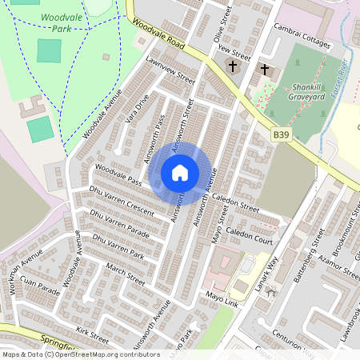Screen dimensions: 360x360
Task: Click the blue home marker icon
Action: pyautogui.click(x=180, y=173)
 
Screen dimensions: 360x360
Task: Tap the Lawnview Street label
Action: pyautogui.click(x=170, y=70)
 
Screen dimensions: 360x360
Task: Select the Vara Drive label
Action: pyautogui.click(x=138, y=110)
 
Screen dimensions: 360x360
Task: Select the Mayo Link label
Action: pyautogui.click(x=222, y=300)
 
